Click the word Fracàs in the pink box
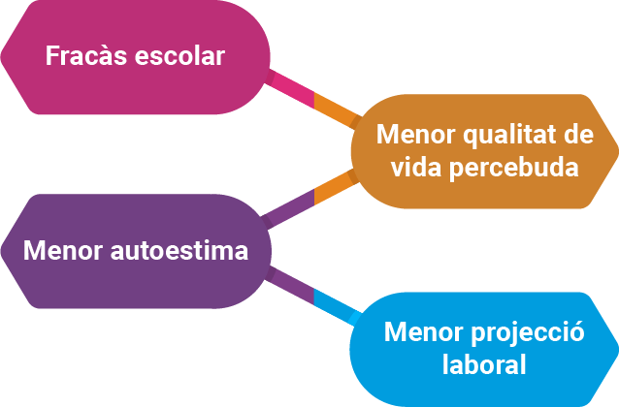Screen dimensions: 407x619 click(81, 55)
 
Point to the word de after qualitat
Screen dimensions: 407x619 click(578, 134)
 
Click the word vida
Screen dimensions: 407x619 click(418, 167)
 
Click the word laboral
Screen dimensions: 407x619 click(484, 365)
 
